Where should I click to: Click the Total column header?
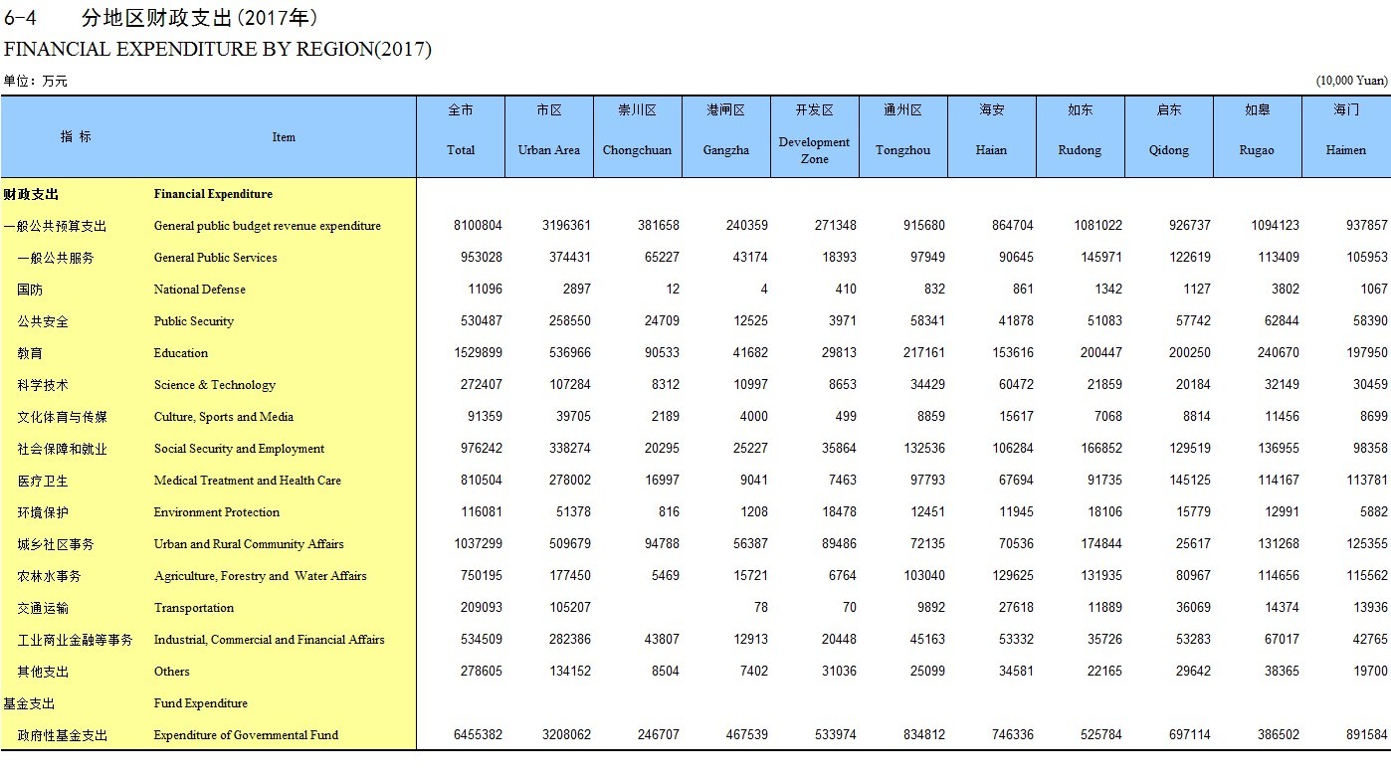click(461, 150)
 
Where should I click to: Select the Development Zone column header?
click(814, 150)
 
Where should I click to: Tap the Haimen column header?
click(1346, 150)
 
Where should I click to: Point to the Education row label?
click(181, 353)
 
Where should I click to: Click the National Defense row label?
click(199, 290)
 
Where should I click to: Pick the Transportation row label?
click(194, 608)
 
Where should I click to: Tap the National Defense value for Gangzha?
click(763, 290)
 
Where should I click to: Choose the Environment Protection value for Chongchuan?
click(668, 512)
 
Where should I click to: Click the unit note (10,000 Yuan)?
click(1351, 81)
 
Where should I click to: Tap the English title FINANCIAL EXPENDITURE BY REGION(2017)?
click(218, 49)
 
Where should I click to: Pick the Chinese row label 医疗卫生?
click(43, 481)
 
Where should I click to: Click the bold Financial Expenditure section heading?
click(213, 194)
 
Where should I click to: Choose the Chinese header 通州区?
click(902, 109)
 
